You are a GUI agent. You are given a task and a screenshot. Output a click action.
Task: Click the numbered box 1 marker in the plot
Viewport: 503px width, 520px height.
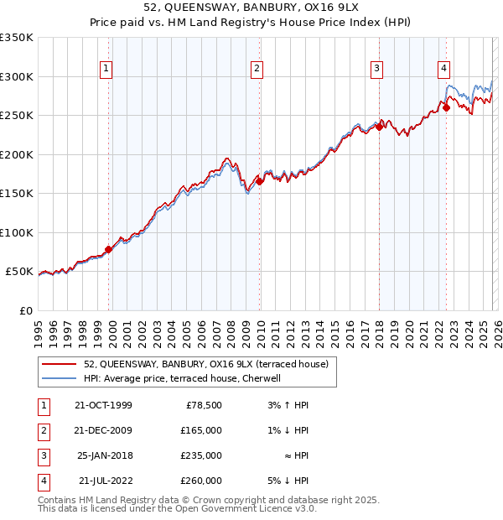[x=108, y=70]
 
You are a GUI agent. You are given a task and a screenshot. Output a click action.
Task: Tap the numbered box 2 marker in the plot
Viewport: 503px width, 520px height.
[x=257, y=70]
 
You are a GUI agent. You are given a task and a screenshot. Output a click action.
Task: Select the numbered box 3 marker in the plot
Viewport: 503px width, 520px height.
[x=377, y=70]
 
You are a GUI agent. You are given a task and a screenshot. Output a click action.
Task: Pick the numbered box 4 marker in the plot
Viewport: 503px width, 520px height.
[x=443, y=70]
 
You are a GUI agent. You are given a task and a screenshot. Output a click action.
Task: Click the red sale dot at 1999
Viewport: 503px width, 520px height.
[x=109, y=249]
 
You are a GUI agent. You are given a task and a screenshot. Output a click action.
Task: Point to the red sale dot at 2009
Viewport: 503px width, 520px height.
[x=259, y=181]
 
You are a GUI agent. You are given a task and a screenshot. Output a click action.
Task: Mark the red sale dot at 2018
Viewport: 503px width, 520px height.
[x=379, y=127]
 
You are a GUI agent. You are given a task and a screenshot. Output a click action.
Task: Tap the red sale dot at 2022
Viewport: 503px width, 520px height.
[x=446, y=107]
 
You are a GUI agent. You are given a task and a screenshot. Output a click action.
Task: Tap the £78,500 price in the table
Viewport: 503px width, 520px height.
[x=204, y=405]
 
